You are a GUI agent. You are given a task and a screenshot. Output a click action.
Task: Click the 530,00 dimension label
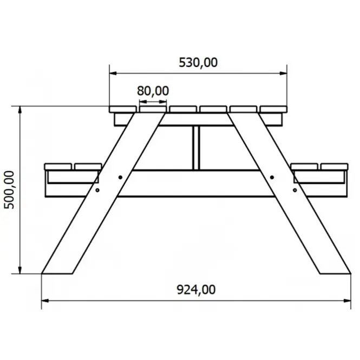click(198, 62)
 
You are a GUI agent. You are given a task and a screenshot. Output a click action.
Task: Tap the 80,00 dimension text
click(153, 91)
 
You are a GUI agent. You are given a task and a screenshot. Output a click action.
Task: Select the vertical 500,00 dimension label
click(9, 190)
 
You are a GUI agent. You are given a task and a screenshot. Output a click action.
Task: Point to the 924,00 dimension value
click(196, 290)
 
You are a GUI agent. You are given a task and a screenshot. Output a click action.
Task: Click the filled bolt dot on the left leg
click(120, 177)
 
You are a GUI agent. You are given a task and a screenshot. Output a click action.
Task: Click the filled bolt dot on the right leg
click(272, 177)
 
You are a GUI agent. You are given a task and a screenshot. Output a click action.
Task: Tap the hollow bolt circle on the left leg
click(97, 190)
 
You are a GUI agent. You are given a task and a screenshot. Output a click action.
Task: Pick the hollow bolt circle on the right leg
click(295, 190)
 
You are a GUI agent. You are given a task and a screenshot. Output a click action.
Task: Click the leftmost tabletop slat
click(123, 109)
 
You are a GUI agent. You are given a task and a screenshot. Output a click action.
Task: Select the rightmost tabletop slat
click(273, 109)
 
